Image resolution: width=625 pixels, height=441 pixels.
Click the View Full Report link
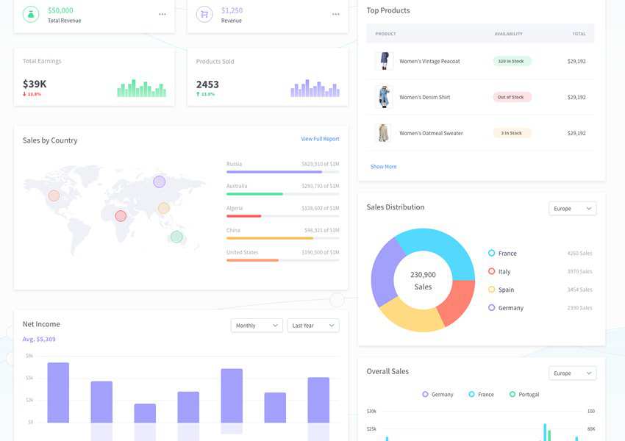(x=320, y=139)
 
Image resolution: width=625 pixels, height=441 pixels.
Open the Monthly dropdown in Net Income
(x=256, y=326)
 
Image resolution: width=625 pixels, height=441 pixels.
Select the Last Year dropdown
(x=312, y=326)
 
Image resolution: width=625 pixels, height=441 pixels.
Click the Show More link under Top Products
(x=383, y=167)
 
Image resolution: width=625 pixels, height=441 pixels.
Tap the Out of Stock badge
(x=511, y=97)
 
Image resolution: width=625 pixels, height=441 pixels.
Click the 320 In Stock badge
(x=511, y=61)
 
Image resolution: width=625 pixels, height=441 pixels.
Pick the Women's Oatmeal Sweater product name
(x=431, y=133)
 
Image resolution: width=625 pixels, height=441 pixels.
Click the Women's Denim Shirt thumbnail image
(x=383, y=97)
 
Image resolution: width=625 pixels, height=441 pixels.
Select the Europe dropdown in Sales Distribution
(x=572, y=209)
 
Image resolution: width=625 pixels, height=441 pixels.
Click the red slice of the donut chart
(x=457, y=301)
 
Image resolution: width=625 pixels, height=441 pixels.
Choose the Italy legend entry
(x=504, y=271)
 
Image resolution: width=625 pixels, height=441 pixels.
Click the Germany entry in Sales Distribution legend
(x=510, y=308)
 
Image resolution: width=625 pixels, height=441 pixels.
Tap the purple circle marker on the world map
(x=160, y=182)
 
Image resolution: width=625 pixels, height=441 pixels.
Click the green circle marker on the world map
(x=176, y=237)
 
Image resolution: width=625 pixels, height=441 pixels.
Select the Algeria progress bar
(x=282, y=216)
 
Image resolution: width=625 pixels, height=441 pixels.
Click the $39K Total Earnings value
(x=35, y=84)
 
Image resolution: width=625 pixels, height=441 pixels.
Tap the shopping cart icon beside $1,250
(x=204, y=14)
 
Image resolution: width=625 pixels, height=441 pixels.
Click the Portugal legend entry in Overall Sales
(x=528, y=395)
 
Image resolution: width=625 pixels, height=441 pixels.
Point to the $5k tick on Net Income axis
(x=29, y=378)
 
